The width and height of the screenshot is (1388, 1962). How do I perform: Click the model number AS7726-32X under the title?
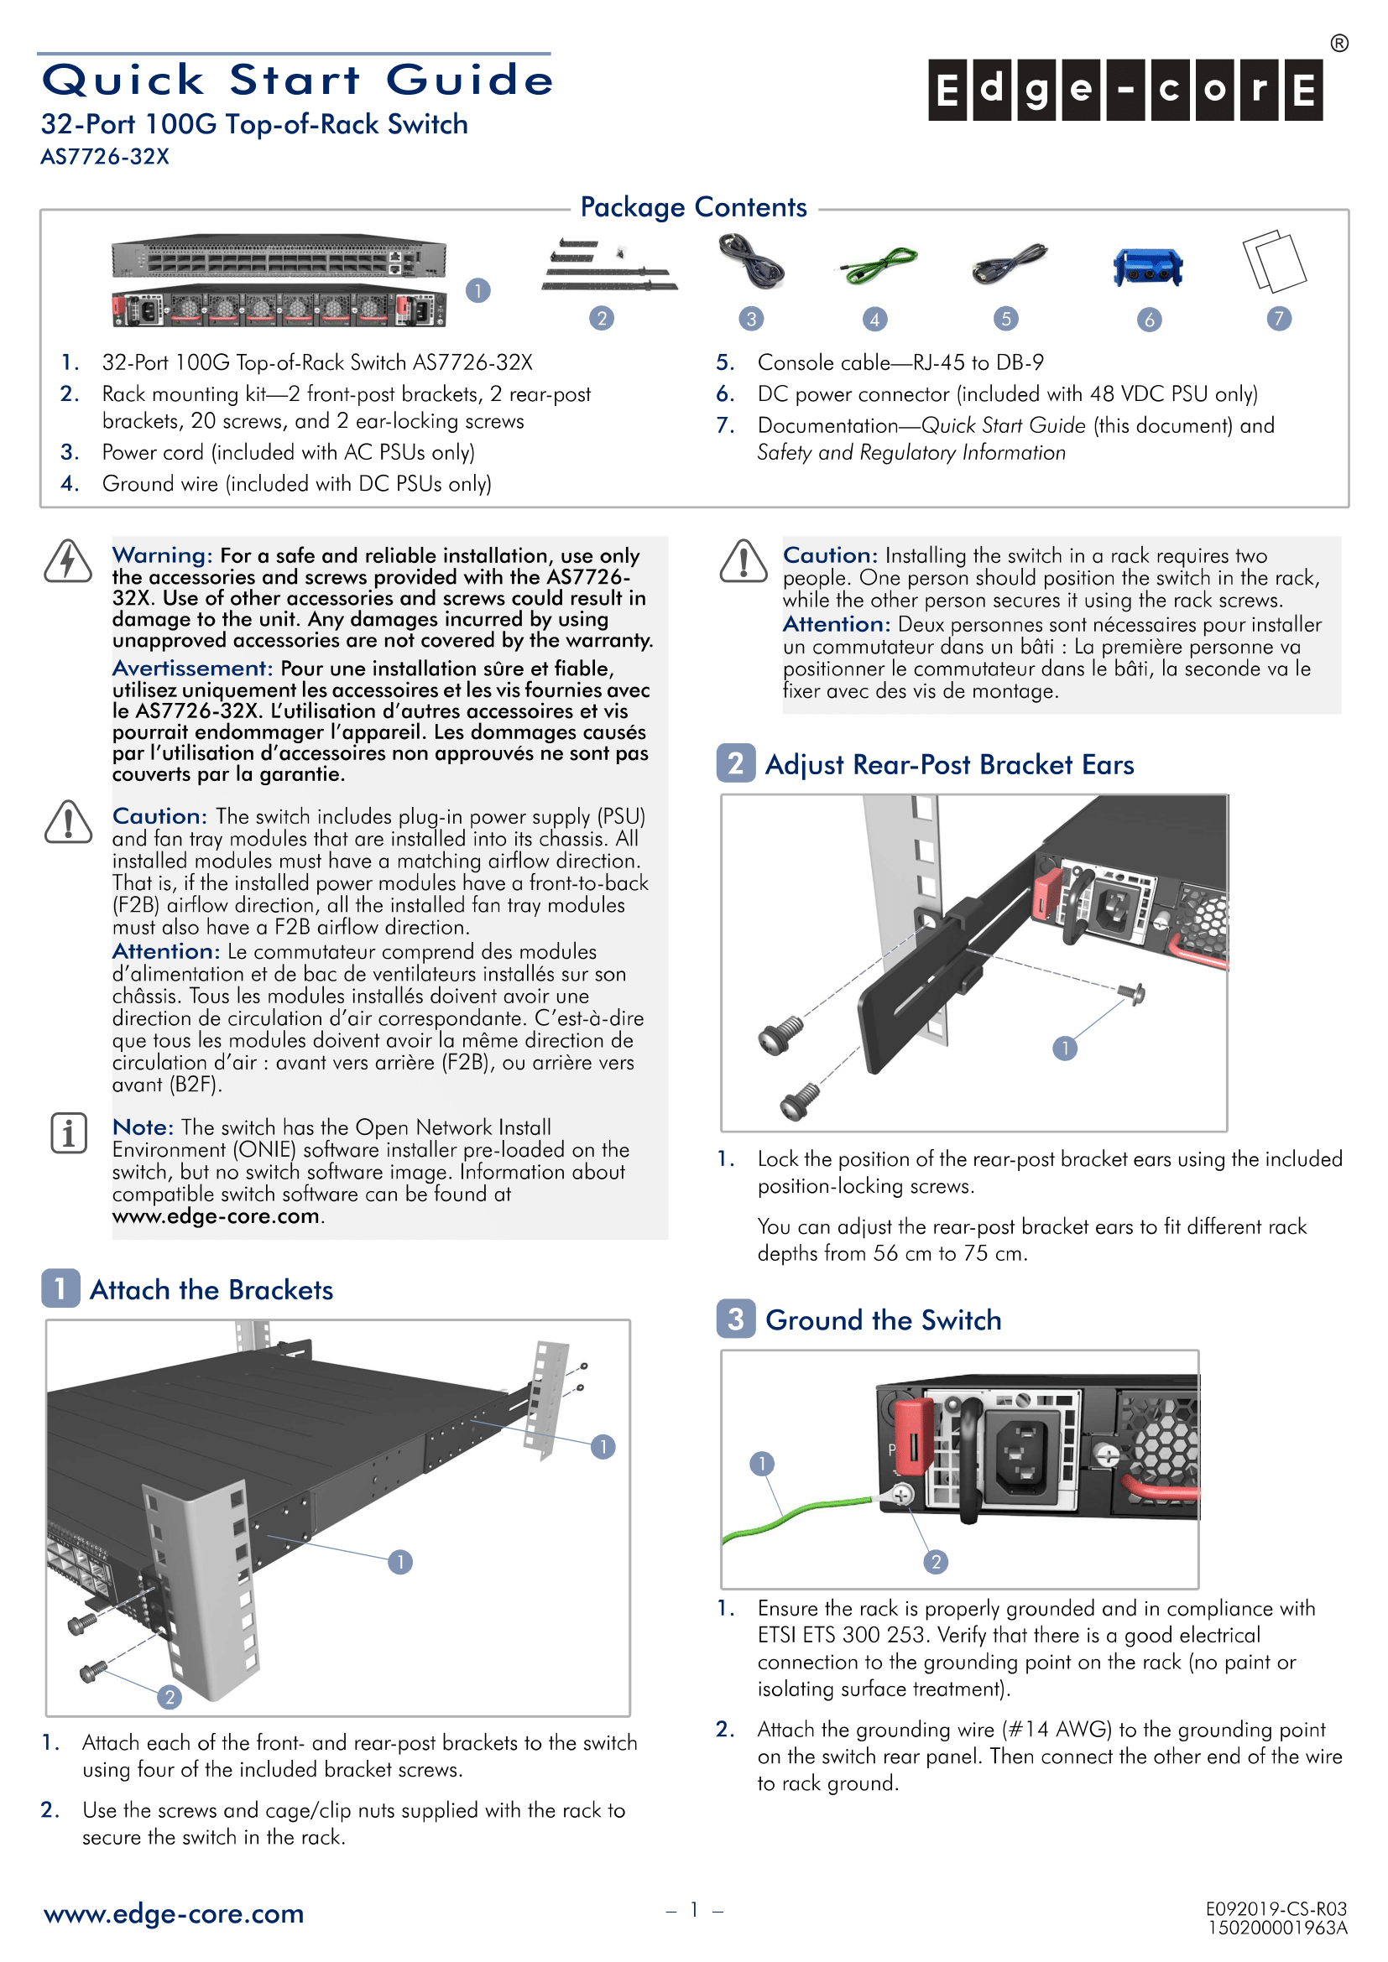[105, 157]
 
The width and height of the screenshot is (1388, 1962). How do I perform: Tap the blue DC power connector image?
[1148, 268]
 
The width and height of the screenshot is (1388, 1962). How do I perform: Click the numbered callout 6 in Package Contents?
[1149, 320]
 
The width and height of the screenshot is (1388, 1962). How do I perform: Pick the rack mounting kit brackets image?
[608, 267]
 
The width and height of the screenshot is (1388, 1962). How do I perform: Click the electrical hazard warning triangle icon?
[67, 561]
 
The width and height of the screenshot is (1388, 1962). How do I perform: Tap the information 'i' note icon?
[68, 1133]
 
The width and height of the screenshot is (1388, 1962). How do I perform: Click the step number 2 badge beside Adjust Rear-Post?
[735, 763]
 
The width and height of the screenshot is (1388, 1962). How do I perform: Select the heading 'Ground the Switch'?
[883, 1320]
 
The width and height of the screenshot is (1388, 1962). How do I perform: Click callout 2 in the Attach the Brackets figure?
[170, 1697]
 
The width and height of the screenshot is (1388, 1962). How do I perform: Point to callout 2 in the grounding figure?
[936, 1562]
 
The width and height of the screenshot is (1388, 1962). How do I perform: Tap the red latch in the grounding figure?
[913, 1435]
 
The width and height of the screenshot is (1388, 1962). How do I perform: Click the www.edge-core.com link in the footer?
[174, 1914]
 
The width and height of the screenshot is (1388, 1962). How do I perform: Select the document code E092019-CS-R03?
[1276, 1909]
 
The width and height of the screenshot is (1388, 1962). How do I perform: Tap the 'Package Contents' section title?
[693, 207]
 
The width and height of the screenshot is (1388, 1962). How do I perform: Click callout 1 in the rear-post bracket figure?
[1064, 1049]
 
